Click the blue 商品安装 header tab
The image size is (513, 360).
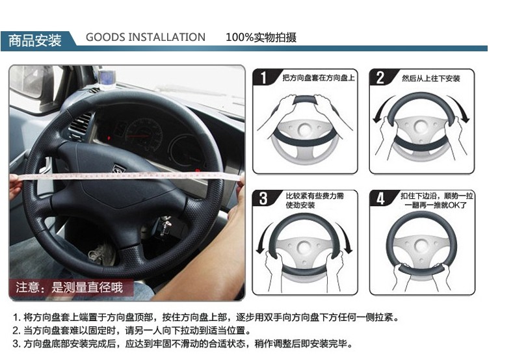[35, 40]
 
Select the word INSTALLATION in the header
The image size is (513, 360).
[166, 37]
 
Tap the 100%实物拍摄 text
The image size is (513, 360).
[261, 37]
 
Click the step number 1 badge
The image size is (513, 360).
[264, 78]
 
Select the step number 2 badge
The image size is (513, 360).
[380, 78]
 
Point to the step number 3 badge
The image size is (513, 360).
[263, 198]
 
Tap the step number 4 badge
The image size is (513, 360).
[380, 198]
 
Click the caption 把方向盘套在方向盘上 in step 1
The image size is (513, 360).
[319, 78]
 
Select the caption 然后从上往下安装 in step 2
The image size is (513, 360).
[431, 79]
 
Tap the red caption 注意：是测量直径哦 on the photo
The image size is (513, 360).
[69, 287]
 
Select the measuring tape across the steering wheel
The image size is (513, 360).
[127, 176]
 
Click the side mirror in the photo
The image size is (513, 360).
[28, 81]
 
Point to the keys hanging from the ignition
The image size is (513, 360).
[166, 225]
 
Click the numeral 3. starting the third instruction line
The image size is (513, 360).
[17, 344]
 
